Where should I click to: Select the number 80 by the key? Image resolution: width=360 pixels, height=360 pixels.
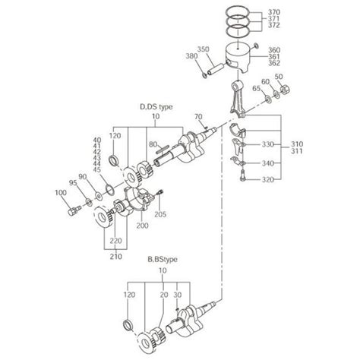[153, 143]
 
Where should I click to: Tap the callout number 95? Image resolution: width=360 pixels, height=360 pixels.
[72, 182]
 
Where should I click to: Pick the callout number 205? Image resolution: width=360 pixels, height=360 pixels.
[160, 214]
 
